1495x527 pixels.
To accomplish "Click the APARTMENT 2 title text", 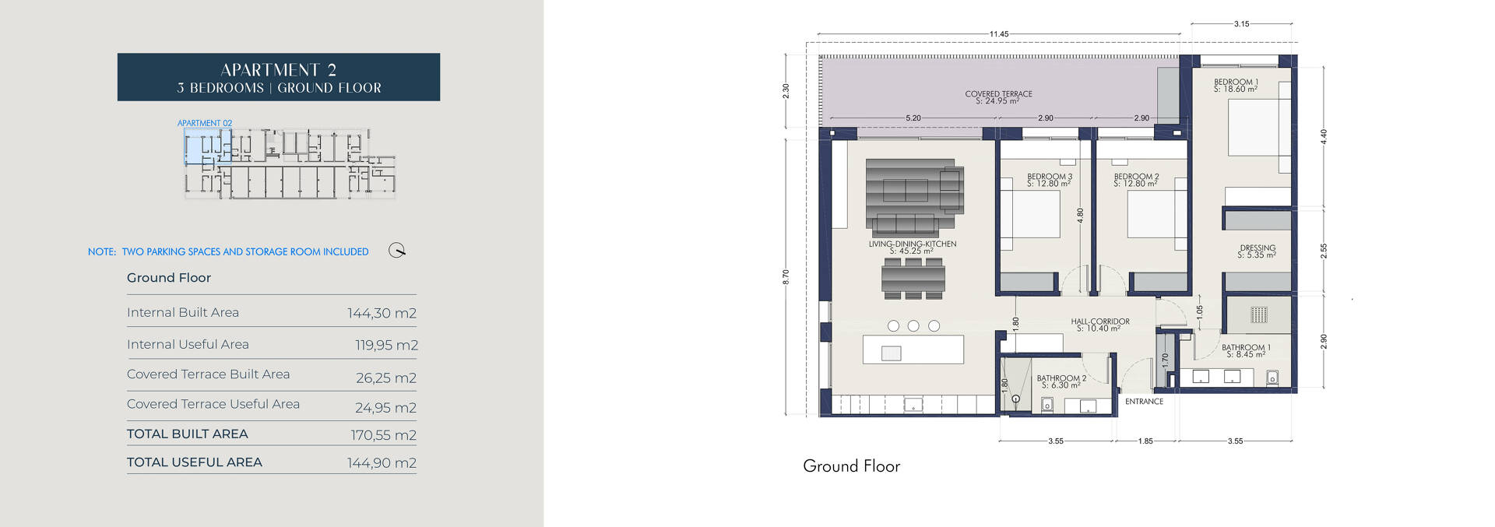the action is tap(278, 70).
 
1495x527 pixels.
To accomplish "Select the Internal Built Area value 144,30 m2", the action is tap(382, 313).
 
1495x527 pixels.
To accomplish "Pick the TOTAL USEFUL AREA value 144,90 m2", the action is tap(382, 462).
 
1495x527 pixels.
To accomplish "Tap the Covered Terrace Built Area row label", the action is tap(208, 374).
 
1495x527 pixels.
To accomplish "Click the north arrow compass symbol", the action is tap(397, 251).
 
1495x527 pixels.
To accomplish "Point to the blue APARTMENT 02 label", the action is tap(205, 123).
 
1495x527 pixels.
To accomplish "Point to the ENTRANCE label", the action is tap(1144, 402).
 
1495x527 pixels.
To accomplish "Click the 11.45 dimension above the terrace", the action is tap(999, 34).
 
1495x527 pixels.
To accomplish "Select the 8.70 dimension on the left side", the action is tap(786, 276).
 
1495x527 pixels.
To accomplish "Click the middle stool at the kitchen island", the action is tap(913, 326).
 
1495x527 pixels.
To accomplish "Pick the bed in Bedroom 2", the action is tap(1150, 214).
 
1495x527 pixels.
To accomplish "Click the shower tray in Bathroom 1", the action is tap(1258, 315).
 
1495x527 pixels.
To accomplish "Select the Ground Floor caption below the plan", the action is tap(851, 466).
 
